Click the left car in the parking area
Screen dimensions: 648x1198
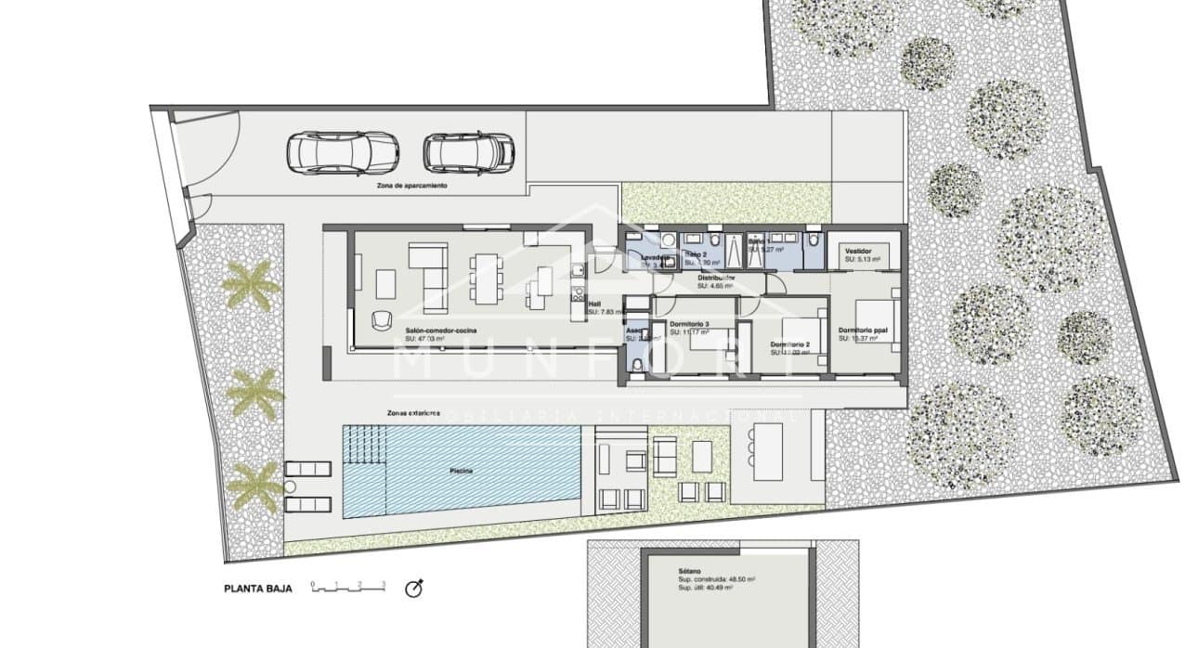(x=343, y=151)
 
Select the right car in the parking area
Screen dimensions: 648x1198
(x=468, y=151)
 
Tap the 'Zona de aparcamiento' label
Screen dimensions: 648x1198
(x=411, y=186)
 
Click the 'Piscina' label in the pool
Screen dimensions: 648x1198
(x=462, y=471)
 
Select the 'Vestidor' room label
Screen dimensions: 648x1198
(x=857, y=252)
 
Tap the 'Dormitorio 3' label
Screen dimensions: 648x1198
(x=689, y=324)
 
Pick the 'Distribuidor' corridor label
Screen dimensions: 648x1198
(x=716, y=278)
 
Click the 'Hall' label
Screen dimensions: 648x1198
(x=594, y=303)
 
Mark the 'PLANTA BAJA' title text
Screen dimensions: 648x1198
(x=258, y=589)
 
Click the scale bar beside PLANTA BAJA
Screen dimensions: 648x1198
(x=349, y=587)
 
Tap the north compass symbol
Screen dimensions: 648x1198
(x=415, y=588)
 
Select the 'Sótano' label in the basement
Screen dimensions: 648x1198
(x=688, y=571)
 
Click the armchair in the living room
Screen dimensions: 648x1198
(x=382, y=319)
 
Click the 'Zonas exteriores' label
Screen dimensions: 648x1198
(x=415, y=411)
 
